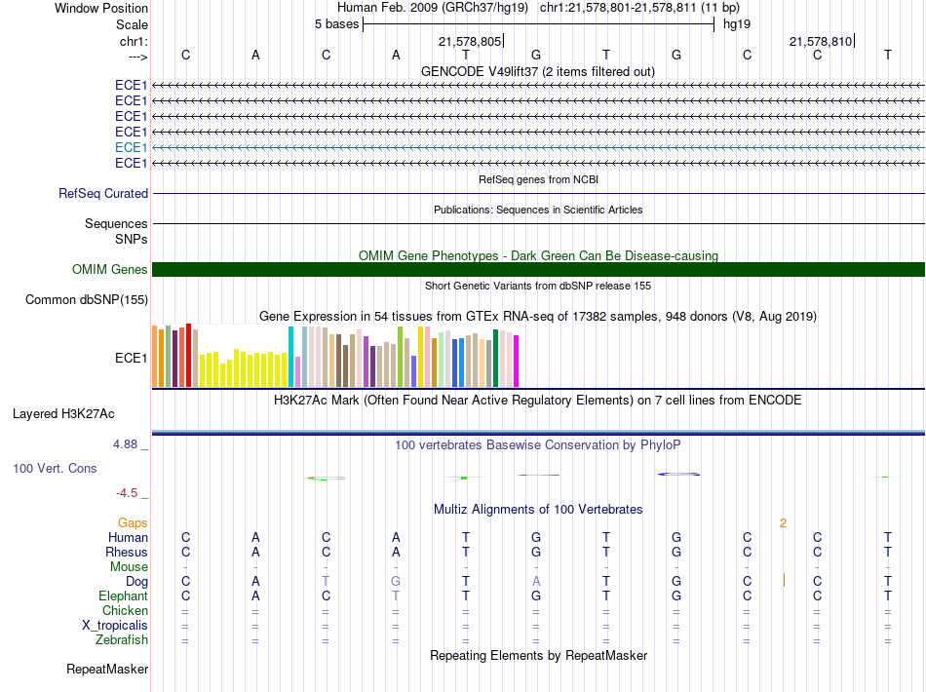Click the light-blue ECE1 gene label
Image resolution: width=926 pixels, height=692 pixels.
click(132, 147)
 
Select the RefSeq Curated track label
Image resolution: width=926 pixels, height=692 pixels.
click(103, 194)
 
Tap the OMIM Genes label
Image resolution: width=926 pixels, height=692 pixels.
click(110, 270)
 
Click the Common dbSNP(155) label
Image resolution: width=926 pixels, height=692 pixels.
click(87, 300)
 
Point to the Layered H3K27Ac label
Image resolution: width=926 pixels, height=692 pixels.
click(63, 414)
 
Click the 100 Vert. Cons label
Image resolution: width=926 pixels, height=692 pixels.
click(55, 468)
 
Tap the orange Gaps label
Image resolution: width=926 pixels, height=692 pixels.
click(133, 523)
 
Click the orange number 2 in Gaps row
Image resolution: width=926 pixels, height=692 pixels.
click(783, 523)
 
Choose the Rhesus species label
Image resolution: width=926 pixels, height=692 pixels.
click(127, 552)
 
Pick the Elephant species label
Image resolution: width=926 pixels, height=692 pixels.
click(124, 596)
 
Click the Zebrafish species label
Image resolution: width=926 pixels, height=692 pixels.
click(122, 640)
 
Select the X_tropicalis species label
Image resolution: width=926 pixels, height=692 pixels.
click(115, 626)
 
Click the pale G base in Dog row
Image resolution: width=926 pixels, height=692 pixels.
click(396, 582)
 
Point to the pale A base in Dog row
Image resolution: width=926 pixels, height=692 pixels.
click(536, 582)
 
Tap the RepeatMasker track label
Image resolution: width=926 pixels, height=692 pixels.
click(107, 669)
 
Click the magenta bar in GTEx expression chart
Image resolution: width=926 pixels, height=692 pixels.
click(517, 361)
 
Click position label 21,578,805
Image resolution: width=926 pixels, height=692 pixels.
click(470, 41)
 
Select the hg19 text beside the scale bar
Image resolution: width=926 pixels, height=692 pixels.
click(737, 24)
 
